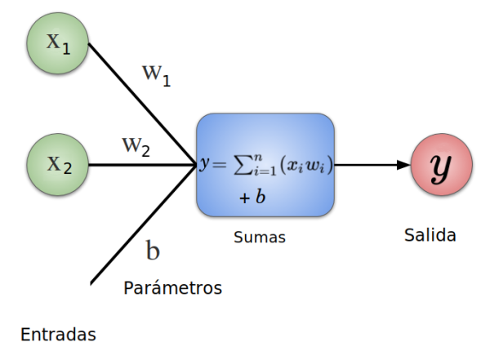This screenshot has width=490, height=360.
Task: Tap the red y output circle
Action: [x=441, y=166]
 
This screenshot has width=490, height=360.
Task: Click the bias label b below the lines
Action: [x=153, y=251]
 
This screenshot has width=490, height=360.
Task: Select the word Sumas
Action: [x=259, y=238]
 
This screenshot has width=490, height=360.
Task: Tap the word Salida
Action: [x=430, y=235]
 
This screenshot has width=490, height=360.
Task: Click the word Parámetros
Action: [x=172, y=288]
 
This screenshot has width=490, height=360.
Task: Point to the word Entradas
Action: [x=58, y=335]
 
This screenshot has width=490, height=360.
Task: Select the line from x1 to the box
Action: [x=139, y=101]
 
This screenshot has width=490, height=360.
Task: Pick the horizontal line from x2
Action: [x=139, y=165]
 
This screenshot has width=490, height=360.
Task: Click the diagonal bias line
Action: [x=139, y=228]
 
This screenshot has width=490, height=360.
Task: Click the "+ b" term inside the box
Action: [x=252, y=198]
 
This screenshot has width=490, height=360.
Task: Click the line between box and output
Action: [x=367, y=165]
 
